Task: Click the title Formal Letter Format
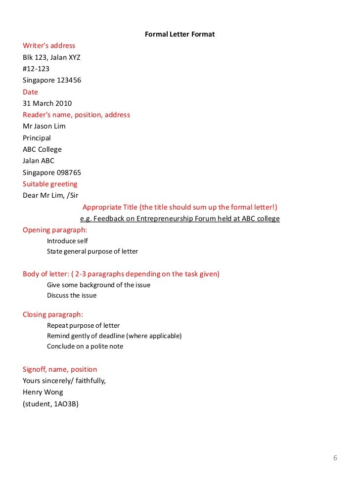pyautogui.click(x=180, y=34)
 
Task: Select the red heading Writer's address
pyautogui.click(x=49, y=46)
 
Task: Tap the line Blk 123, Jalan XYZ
pyautogui.click(x=51, y=57)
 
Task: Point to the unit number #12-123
pyautogui.click(x=36, y=69)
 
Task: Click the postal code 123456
pyautogui.click(x=66, y=80)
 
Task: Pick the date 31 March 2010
pyautogui.click(x=47, y=103)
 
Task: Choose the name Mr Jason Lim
pyautogui.click(x=44, y=126)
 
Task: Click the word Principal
pyautogui.click(x=37, y=138)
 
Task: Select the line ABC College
pyautogui.click(x=42, y=149)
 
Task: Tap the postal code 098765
pyautogui.click(x=67, y=173)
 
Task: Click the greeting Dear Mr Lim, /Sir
pyautogui.click(x=50, y=195)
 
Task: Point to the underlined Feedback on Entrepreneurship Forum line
pyautogui.click(x=180, y=218)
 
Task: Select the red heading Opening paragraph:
pyautogui.click(x=55, y=230)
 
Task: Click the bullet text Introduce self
pyautogui.click(x=67, y=241)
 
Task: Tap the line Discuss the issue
pyautogui.click(x=72, y=296)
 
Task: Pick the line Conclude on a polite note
pyautogui.click(x=85, y=347)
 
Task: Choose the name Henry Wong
pyautogui.click(x=43, y=392)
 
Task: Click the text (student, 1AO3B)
pyautogui.click(x=50, y=404)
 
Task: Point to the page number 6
pyautogui.click(x=335, y=458)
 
